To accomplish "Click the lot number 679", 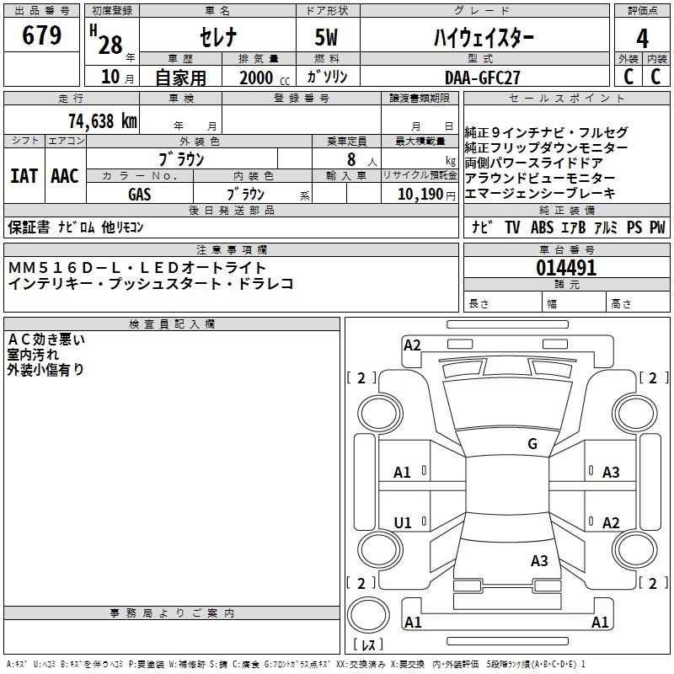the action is [x=42, y=35].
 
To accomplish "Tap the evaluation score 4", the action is [x=642, y=39].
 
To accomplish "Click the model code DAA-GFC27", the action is [x=483, y=77].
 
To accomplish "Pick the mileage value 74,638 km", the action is [x=101, y=120].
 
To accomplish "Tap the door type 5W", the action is [x=328, y=37].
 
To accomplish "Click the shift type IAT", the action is [x=24, y=176].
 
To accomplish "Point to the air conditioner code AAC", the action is [x=64, y=176].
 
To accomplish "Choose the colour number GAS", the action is [x=139, y=194].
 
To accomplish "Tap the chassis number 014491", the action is [x=566, y=269].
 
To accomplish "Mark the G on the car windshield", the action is [x=532, y=444].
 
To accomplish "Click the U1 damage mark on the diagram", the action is [x=403, y=523].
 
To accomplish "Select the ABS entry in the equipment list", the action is [x=542, y=227].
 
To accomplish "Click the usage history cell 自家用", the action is [x=180, y=78].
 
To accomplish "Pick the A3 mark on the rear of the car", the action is [x=539, y=560].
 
